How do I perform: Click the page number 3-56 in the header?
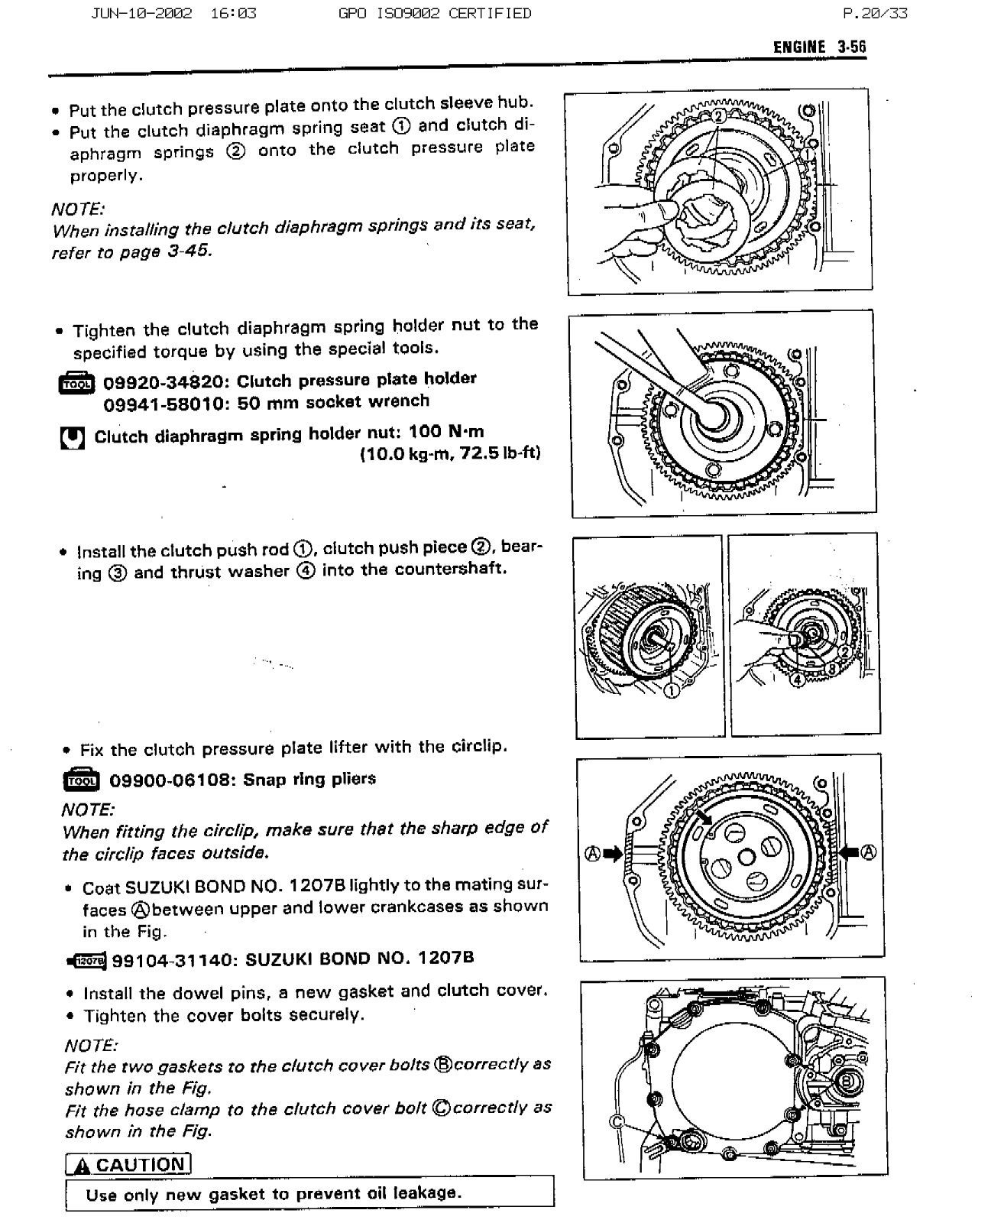[x=851, y=47]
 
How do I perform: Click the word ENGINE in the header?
[x=799, y=47]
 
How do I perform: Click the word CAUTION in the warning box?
[x=140, y=1165]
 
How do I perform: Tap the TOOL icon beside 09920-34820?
[x=76, y=383]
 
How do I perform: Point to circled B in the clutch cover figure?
[x=847, y=1081]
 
